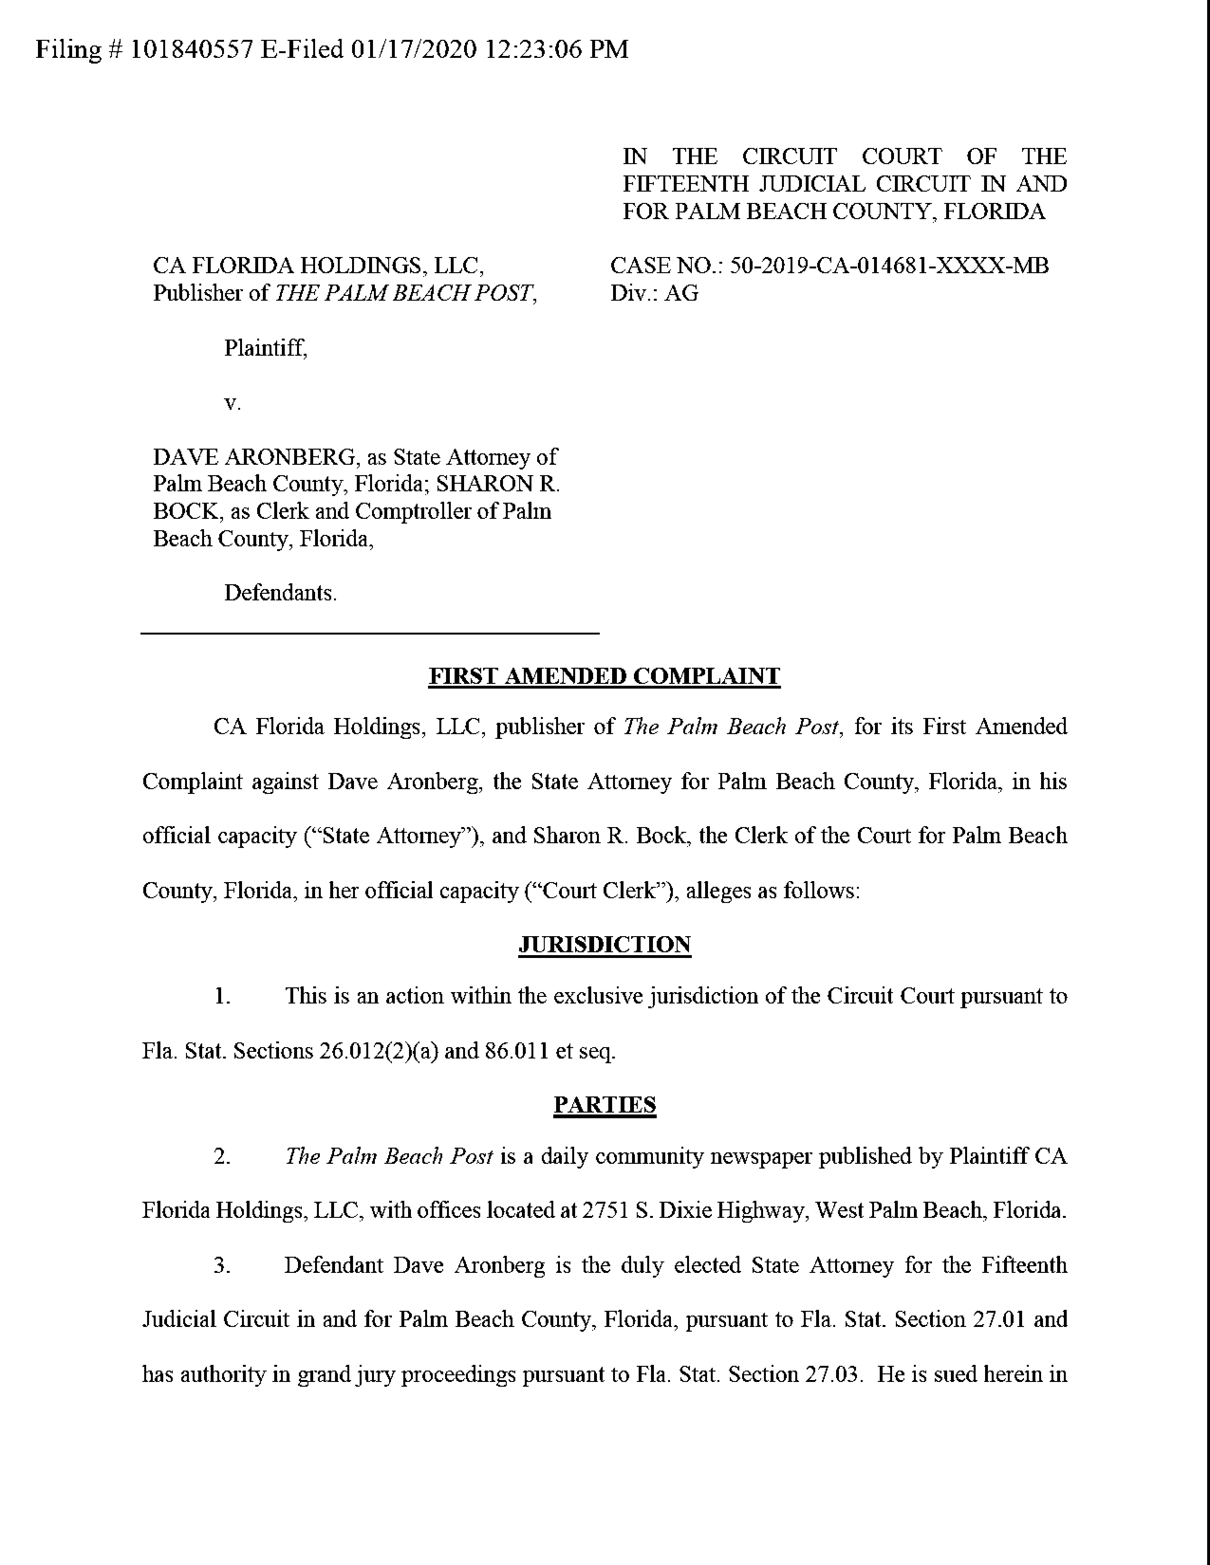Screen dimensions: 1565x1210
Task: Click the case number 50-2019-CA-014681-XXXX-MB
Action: click(x=889, y=266)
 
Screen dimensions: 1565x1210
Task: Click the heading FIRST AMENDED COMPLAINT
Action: click(x=604, y=676)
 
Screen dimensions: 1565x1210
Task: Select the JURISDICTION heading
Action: click(x=604, y=944)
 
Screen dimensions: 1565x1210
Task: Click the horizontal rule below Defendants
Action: click(x=370, y=633)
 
